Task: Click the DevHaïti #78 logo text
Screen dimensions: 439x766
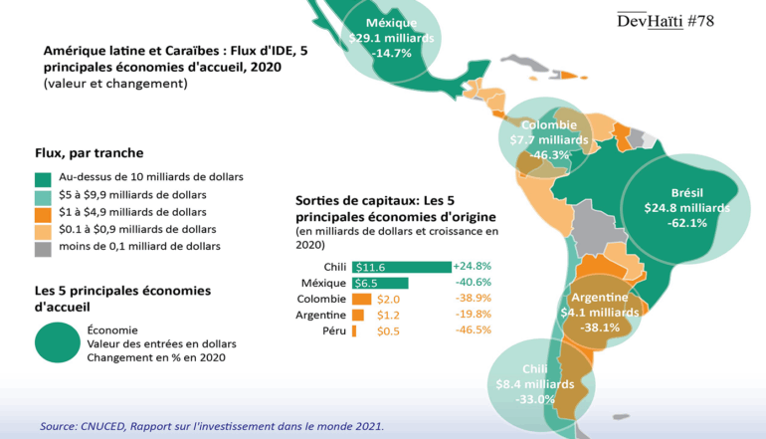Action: [666, 20]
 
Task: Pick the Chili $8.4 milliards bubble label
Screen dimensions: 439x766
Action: [534, 383]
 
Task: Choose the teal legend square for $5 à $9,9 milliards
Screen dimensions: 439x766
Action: [43, 195]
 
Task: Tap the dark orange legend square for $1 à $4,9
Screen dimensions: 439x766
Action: [43, 213]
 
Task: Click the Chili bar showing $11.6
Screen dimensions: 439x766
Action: [402, 267]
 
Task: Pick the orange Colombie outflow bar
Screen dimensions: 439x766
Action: [361, 299]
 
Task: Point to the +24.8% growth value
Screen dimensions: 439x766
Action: [473, 267]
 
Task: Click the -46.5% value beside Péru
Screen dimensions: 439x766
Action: [473, 329]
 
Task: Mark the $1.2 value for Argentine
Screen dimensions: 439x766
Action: [387, 315]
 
